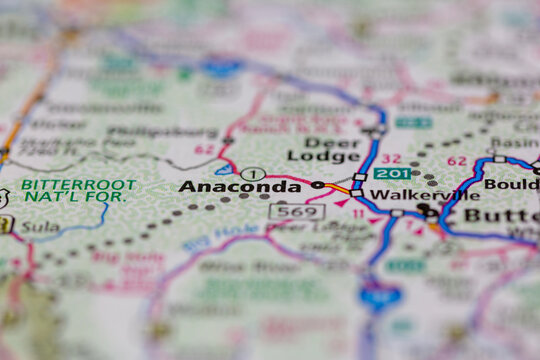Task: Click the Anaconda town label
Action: [240, 187]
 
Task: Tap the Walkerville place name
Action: [406, 194]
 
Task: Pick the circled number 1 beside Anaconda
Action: [253, 174]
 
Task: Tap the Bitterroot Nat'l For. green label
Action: [74, 190]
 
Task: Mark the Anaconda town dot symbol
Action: [318, 185]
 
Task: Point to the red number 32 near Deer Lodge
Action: [391, 158]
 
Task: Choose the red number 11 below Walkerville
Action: [358, 213]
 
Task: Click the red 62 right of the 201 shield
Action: [456, 160]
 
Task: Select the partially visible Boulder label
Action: [511, 184]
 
